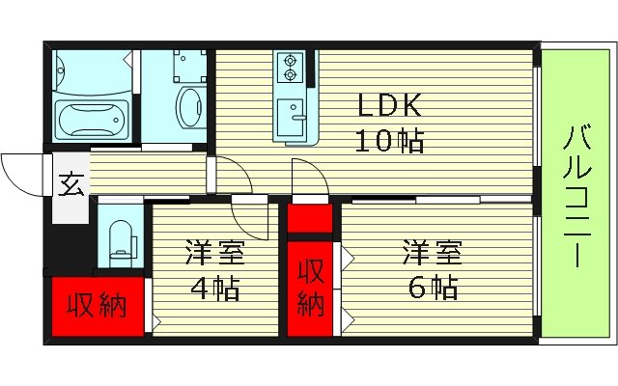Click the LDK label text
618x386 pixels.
pos(390,104)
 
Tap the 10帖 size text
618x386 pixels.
pos(390,143)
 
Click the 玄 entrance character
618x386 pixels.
pos(70,183)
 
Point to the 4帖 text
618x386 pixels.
pos(215,288)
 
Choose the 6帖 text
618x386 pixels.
pos(432,288)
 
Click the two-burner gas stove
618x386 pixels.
pos(289,68)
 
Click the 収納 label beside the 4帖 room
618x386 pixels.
pos(97,308)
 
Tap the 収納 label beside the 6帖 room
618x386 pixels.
pos(309,288)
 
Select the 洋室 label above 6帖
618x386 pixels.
pos(432,254)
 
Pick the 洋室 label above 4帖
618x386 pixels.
pos(215,254)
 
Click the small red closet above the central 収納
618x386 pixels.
pos(309,218)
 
